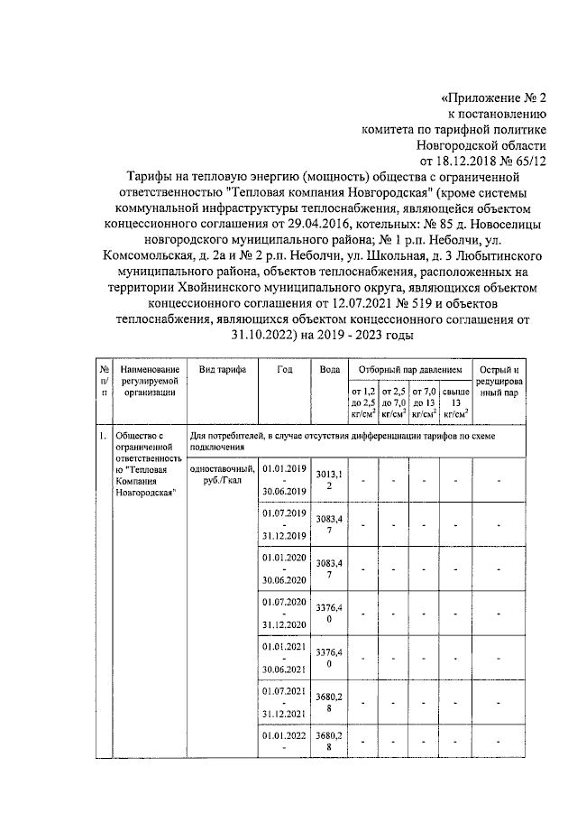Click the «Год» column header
(285, 371)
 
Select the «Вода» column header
(329, 371)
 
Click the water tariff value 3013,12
(330, 479)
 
